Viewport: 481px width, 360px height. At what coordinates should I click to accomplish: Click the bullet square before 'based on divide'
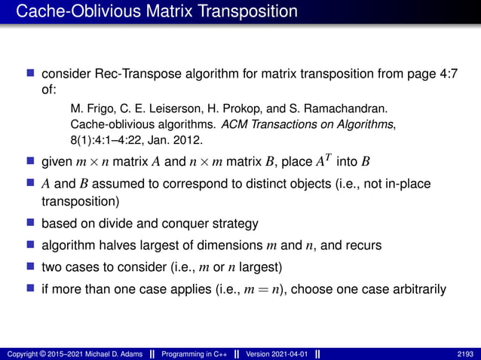click(31, 224)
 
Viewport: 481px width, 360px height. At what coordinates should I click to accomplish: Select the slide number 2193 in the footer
click(466, 353)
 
